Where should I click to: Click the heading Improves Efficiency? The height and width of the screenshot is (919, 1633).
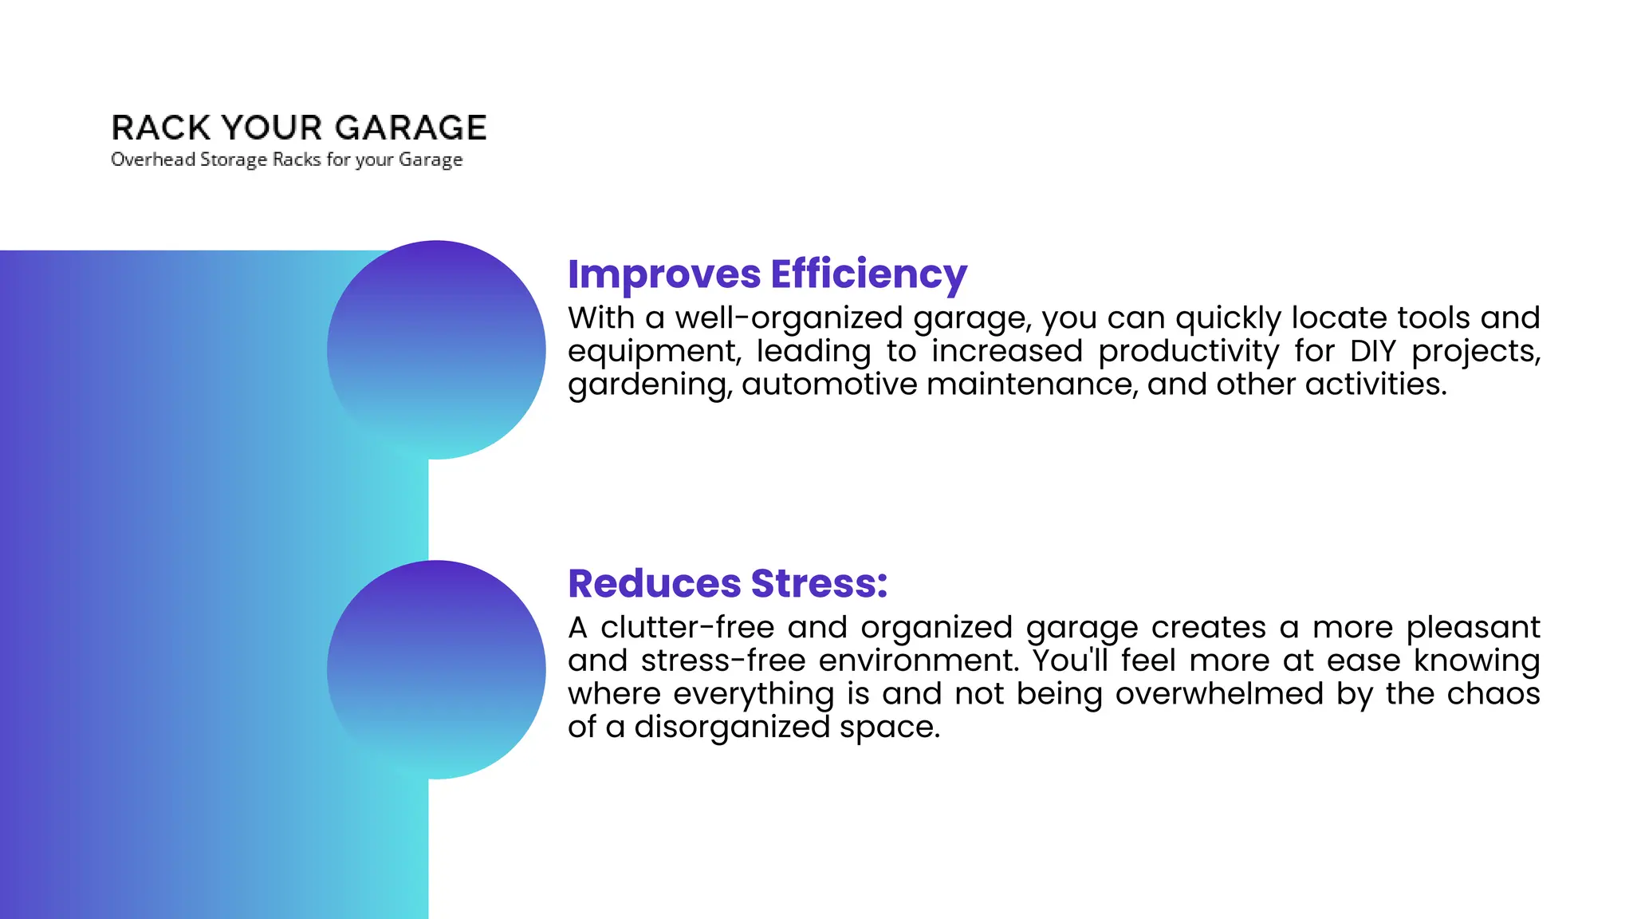[767, 274]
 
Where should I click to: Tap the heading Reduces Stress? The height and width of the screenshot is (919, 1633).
[727, 583]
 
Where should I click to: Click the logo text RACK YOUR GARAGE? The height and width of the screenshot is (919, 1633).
[299, 128]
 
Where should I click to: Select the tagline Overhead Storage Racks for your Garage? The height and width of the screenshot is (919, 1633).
[286, 160]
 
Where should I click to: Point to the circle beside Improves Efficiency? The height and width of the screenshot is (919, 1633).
[436, 349]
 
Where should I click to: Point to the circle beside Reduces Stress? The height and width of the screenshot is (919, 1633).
[436, 669]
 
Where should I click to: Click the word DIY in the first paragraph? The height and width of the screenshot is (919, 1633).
[1373, 351]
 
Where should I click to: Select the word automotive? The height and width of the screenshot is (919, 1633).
[829, 385]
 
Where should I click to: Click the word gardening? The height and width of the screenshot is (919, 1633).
[647, 385]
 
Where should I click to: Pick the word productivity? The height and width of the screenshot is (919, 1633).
[1188, 352]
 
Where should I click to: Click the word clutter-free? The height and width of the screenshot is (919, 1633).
[687, 627]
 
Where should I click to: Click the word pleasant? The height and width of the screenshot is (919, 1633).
[1473, 628]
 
